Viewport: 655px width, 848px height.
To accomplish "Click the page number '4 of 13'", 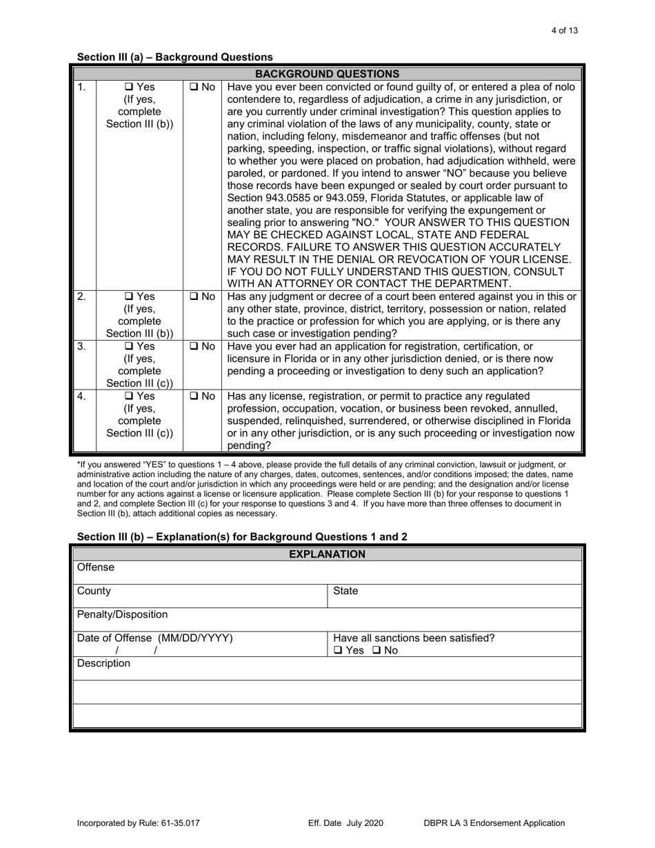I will coord(565,30).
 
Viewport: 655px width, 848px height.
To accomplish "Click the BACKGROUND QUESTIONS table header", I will coord(327,74).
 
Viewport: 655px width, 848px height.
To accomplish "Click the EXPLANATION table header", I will coord(327,554).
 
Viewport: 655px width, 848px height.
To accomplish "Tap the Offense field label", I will coord(96,567).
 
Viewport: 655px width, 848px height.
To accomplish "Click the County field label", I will coord(94,591).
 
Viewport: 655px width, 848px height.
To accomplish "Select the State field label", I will coord(345,591).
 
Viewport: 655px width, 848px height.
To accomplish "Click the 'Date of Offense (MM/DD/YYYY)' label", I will coord(154,638).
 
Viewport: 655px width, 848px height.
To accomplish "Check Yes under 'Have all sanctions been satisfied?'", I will coord(338,650).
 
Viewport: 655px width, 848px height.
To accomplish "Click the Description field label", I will coord(103,663).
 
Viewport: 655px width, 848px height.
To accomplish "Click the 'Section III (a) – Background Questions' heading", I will coord(174,57).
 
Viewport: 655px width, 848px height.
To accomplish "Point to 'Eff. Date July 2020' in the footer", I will coord(345,822).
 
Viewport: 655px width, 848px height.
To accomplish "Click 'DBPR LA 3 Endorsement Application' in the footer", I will coord(494,822).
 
